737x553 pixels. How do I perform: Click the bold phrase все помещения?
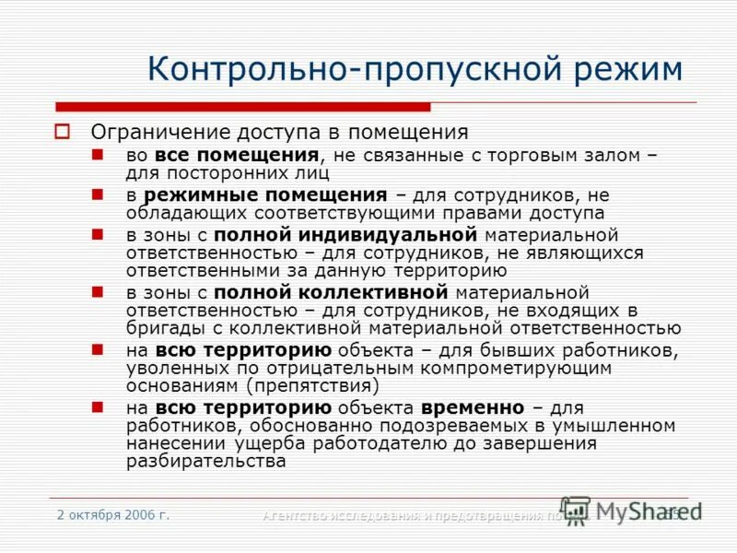click(237, 156)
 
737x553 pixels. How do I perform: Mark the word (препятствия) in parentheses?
click(318, 385)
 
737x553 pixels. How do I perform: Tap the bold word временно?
click(473, 408)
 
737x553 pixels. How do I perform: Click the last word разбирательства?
click(205, 461)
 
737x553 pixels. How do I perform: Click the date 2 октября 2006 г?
click(112, 514)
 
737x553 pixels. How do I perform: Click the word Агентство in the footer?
click(300, 515)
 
